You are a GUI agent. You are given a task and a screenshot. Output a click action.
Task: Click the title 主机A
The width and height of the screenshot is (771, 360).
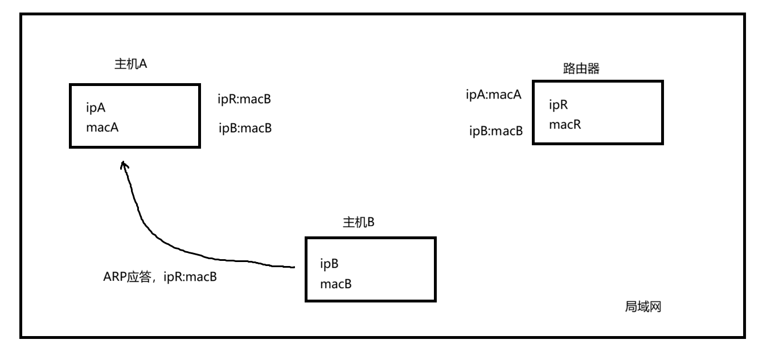coord(131,64)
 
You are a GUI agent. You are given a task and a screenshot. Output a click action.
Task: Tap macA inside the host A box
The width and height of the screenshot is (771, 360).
coord(102,127)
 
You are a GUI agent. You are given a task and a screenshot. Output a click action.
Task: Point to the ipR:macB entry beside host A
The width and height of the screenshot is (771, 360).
coord(244,99)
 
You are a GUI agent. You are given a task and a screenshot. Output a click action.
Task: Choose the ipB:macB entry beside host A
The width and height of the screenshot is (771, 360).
coord(245,128)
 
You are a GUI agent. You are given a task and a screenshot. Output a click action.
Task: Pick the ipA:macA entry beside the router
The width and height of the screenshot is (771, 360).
coord(494,95)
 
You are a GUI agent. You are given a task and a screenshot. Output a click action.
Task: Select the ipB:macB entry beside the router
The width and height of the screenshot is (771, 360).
coord(495,131)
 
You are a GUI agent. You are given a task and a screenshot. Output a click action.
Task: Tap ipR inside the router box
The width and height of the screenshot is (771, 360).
coord(559,105)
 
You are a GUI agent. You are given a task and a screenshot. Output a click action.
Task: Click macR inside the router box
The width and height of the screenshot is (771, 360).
coord(565,124)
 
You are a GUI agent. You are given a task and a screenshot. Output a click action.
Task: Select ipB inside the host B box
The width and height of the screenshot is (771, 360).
coord(330,264)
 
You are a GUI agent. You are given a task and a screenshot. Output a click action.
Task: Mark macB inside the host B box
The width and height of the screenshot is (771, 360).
coord(335,284)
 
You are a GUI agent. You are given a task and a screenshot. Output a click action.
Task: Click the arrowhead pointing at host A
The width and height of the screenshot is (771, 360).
coord(124,165)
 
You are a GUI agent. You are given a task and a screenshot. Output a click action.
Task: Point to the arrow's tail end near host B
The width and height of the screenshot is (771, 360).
coord(293,266)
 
